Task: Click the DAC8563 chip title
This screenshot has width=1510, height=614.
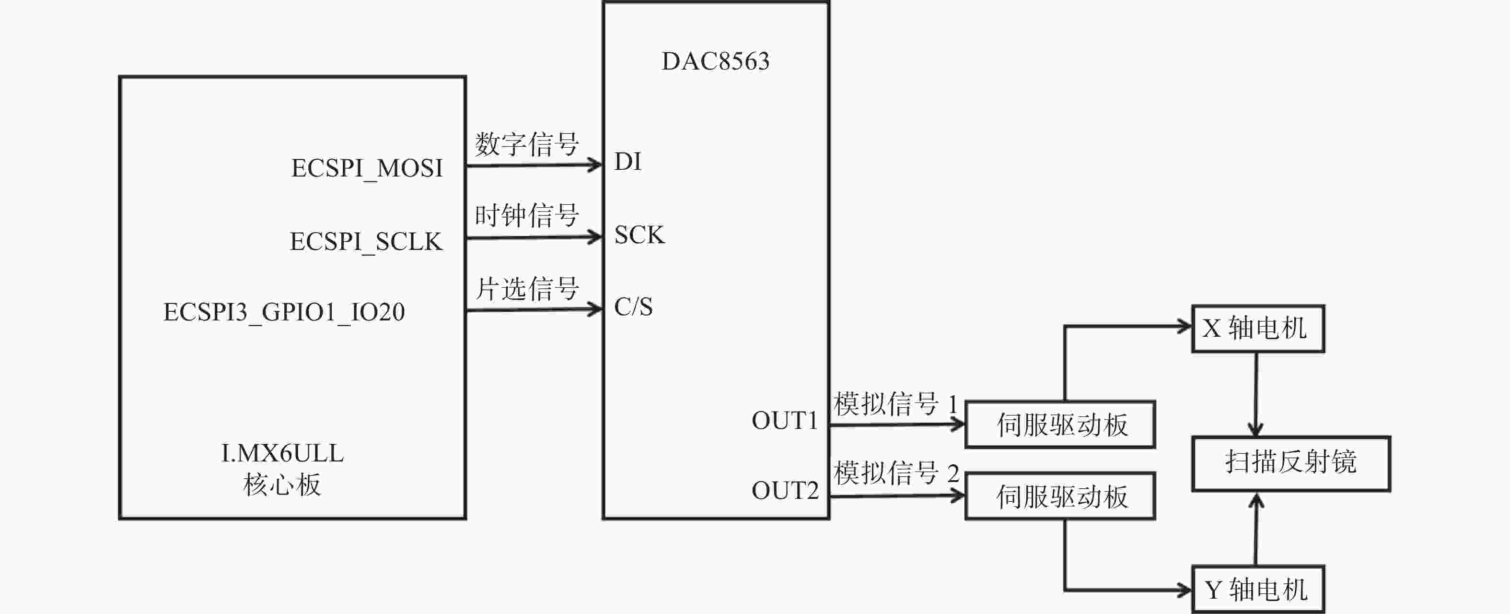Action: (715, 61)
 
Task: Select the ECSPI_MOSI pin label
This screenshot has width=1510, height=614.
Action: (367, 169)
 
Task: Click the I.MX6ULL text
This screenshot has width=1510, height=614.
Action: (282, 453)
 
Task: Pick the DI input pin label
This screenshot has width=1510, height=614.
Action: (628, 161)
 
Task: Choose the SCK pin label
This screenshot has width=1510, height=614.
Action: (639, 235)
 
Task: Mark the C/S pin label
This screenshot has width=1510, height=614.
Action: (634, 306)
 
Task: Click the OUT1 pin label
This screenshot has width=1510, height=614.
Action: (785, 421)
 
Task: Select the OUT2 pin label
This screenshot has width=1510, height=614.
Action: (785, 491)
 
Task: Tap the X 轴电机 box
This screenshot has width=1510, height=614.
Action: (1258, 329)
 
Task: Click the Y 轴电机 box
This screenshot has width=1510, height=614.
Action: (1258, 590)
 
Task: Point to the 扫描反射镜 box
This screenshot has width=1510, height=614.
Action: (1291, 463)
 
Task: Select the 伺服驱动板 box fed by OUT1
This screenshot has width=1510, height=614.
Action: (1060, 425)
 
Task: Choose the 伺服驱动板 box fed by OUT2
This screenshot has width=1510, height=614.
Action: (1060, 496)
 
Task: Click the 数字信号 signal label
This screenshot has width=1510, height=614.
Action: (527, 144)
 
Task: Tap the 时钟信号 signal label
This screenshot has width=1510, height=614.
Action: (527, 216)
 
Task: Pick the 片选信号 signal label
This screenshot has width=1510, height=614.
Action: (527, 288)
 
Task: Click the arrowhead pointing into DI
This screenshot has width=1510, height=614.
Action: (595, 165)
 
